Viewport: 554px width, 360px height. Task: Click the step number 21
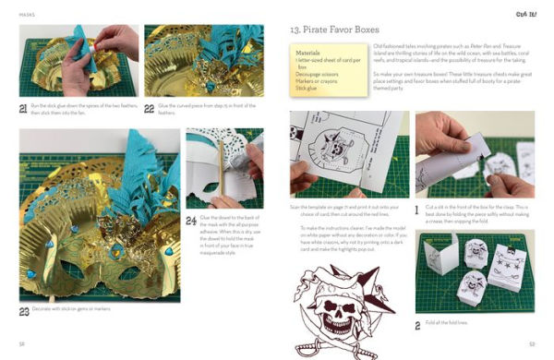(x=24, y=109)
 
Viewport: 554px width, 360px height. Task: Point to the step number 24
(x=191, y=220)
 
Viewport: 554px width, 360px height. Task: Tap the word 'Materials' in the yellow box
(x=308, y=54)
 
